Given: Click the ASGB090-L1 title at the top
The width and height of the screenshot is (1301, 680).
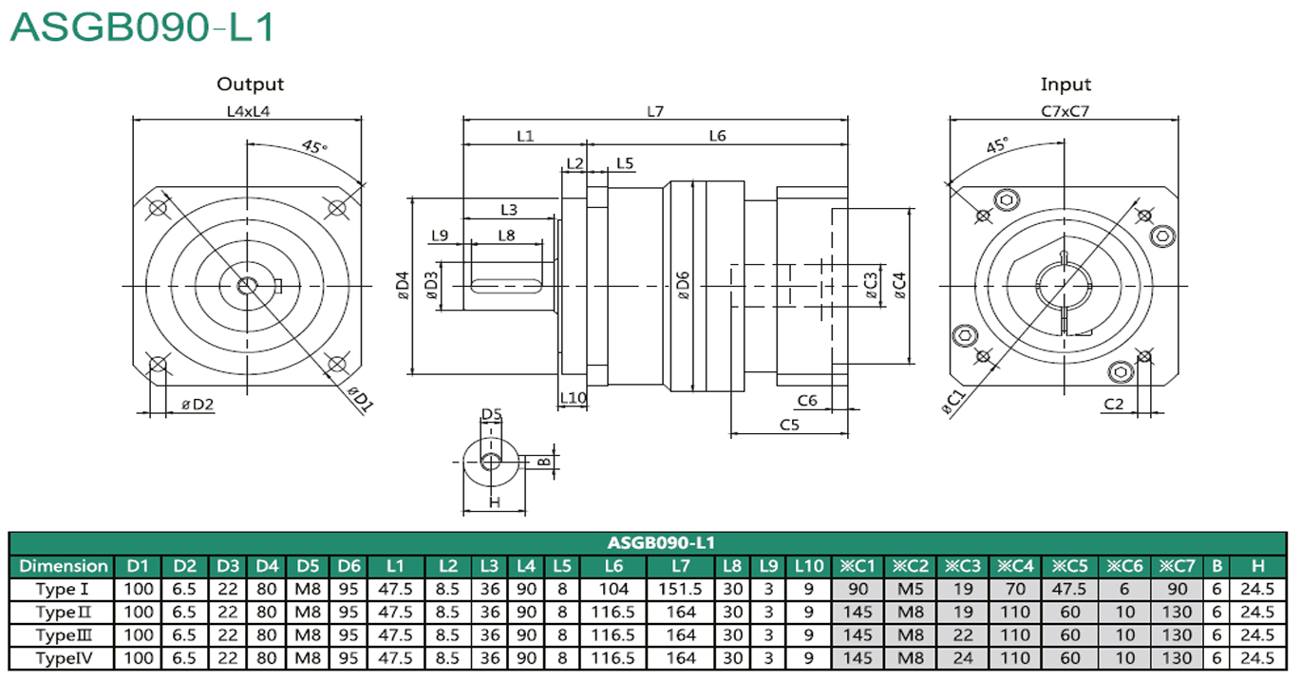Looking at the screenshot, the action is pyautogui.click(x=142, y=28).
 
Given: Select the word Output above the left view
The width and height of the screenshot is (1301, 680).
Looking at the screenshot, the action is pyautogui.click(x=251, y=85).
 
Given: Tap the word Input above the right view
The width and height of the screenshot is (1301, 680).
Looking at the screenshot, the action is pyautogui.click(x=1065, y=85).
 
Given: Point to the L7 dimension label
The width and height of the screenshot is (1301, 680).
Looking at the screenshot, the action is pyautogui.click(x=655, y=111).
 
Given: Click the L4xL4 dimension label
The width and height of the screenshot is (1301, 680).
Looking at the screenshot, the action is pyautogui.click(x=248, y=111).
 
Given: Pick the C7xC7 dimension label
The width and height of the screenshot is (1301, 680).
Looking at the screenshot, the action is pyautogui.click(x=1065, y=111).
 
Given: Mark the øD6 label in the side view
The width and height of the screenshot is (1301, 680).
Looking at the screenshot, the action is pyautogui.click(x=683, y=285).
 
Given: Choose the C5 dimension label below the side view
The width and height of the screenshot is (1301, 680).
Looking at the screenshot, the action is pyautogui.click(x=789, y=425).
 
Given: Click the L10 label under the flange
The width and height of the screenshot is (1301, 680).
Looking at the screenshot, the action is pyautogui.click(x=573, y=398).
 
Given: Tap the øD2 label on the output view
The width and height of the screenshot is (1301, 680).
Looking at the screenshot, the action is pyautogui.click(x=198, y=405).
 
